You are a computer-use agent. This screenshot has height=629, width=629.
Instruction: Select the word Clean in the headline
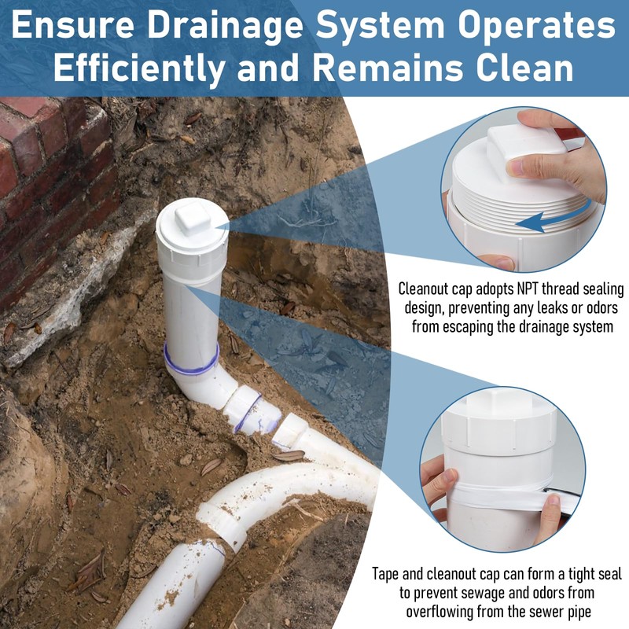click(x=519, y=68)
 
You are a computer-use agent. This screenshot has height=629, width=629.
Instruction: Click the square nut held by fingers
click(x=525, y=145)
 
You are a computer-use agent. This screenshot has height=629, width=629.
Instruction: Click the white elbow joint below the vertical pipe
click(x=206, y=383)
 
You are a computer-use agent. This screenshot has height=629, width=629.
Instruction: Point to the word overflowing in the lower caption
click(x=442, y=611)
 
